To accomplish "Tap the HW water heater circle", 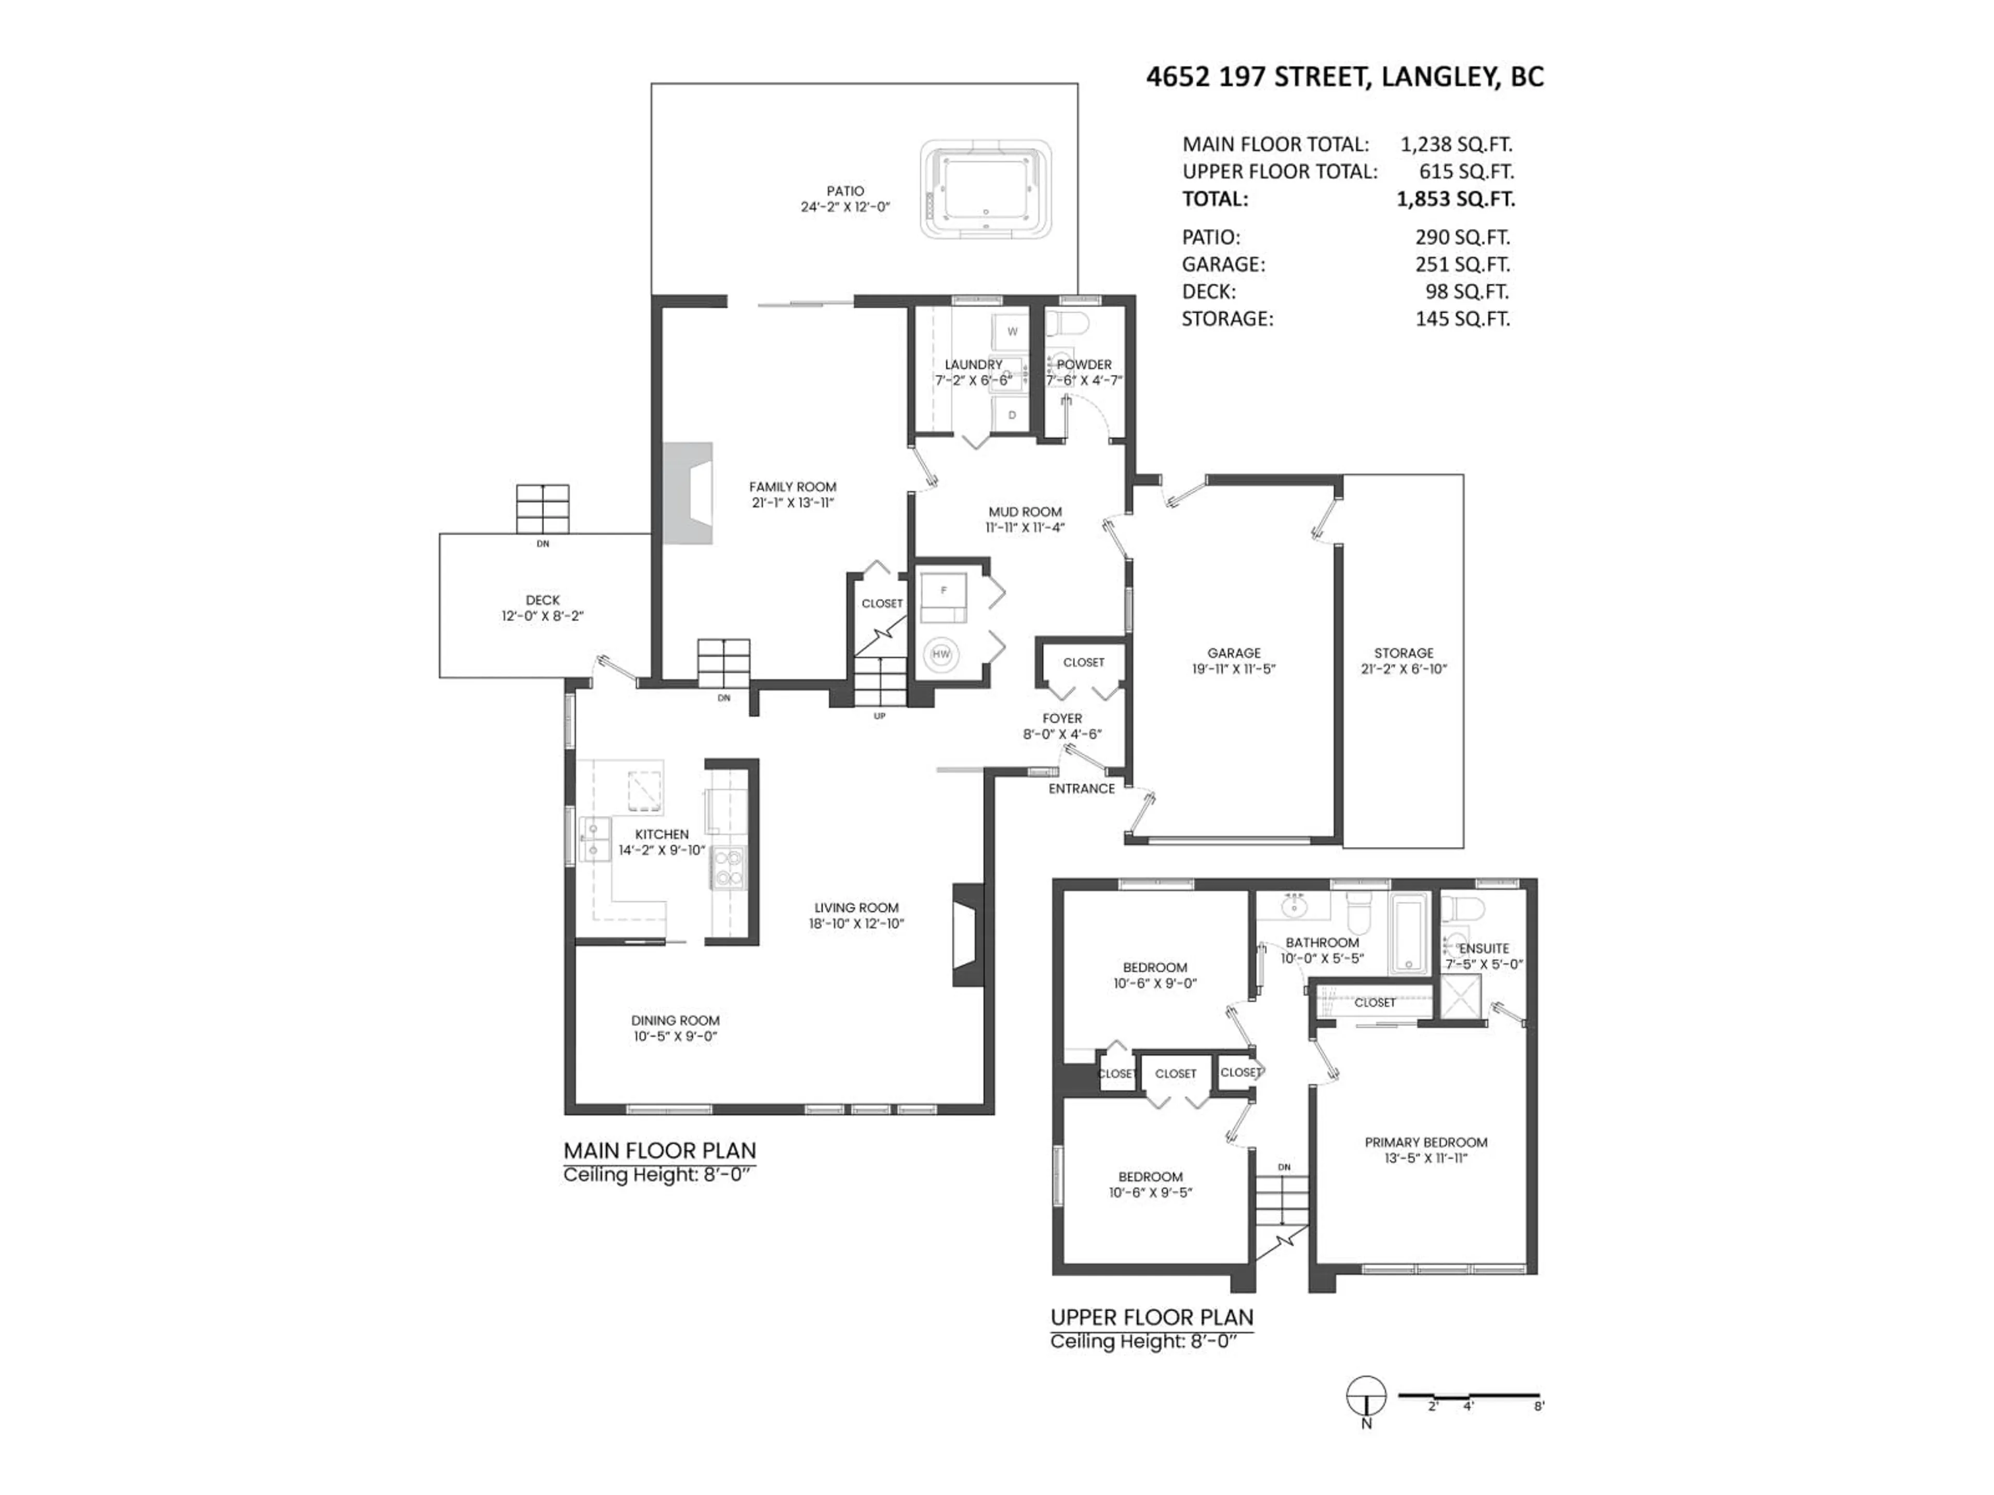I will pyautogui.click(x=941, y=654).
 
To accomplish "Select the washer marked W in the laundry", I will pyautogui.click(x=1012, y=332).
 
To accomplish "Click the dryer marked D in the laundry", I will pyautogui.click(x=1012, y=415).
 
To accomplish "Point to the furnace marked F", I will pyautogui.click(x=943, y=591).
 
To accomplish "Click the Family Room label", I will pyautogui.click(x=792, y=486).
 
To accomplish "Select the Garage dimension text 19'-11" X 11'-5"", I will pyautogui.click(x=1234, y=669).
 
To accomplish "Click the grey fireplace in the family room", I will pyautogui.click(x=689, y=493).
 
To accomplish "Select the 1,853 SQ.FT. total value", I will pyautogui.click(x=1456, y=199).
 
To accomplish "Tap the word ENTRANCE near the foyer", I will pyautogui.click(x=1081, y=789).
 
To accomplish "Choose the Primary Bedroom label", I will pyautogui.click(x=1425, y=1143).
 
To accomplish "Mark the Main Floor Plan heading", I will pyautogui.click(x=659, y=1151).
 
